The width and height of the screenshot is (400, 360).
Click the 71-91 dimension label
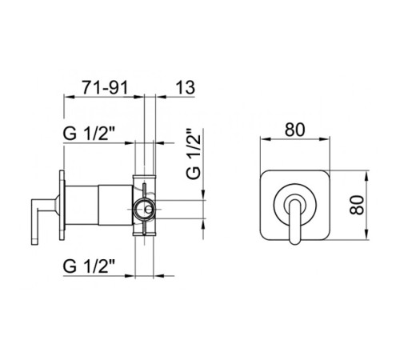pyautogui.click(x=105, y=87)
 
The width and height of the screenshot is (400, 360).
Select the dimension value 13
pyautogui.click(x=185, y=87)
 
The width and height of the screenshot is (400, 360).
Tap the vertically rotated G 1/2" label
pyautogui.click(x=194, y=154)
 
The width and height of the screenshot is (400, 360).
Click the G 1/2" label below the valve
pyautogui.click(x=89, y=266)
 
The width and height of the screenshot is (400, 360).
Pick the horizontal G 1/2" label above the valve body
pyautogui.click(x=89, y=133)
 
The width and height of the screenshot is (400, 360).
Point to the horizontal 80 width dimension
pyautogui.click(x=294, y=130)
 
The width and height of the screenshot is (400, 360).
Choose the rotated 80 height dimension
pyautogui.click(x=357, y=205)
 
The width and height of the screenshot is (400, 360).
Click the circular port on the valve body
pyautogui.click(x=144, y=209)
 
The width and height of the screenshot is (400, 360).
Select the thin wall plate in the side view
pyautogui.click(x=62, y=206)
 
